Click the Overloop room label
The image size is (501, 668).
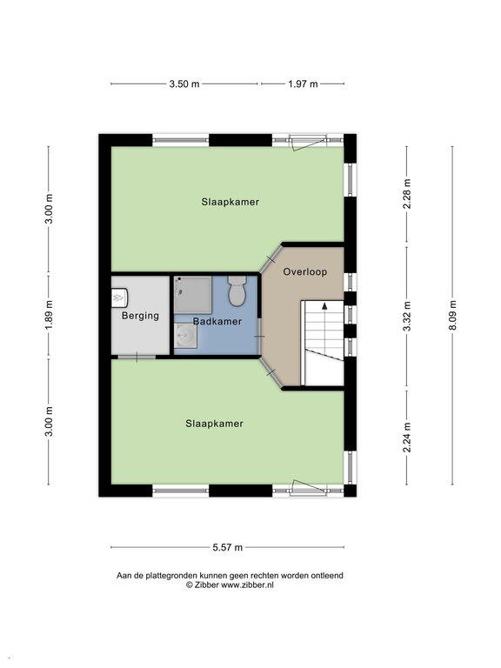point(305,271)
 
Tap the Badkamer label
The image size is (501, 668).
point(217,321)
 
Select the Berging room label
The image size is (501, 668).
point(140,316)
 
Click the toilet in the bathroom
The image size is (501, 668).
point(237,291)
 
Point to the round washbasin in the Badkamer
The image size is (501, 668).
point(185,335)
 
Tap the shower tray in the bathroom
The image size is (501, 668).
point(193,295)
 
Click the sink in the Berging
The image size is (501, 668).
point(120,297)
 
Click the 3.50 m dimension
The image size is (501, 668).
point(184,83)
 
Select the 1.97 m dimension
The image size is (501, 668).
point(303,83)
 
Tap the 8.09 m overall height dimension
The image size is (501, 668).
point(452,315)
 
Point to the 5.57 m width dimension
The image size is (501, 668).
point(228,547)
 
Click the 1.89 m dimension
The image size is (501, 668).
point(49,316)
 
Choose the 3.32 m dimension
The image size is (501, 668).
point(407,316)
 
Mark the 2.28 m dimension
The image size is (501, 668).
point(407,193)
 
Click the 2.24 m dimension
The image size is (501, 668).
point(407,438)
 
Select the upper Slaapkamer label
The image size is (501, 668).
point(230,202)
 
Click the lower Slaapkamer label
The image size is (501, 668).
point(214,424)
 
